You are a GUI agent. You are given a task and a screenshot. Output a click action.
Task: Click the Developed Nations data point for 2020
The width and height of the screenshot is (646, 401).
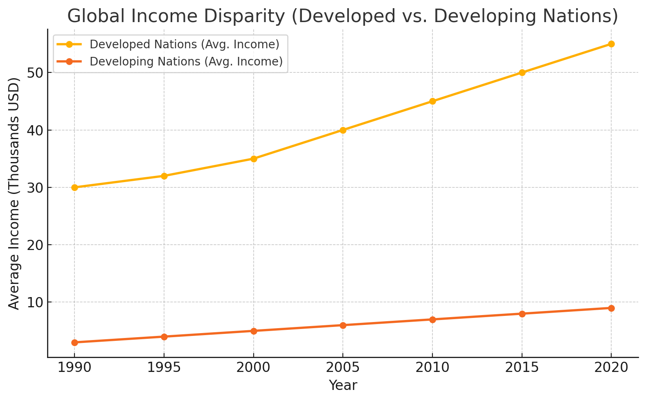(611, 44)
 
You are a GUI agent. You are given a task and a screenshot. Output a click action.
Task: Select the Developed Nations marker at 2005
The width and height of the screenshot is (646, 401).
(343, 130)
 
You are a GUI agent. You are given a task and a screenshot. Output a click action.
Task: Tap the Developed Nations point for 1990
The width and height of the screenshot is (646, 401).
(74, 187)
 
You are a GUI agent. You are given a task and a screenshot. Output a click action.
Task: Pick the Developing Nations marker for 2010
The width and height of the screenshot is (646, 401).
(432, 320)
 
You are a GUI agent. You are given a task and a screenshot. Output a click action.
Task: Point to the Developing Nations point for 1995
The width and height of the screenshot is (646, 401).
(164, 337)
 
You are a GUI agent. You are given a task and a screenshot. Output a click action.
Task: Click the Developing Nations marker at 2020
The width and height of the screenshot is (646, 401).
(611, 308)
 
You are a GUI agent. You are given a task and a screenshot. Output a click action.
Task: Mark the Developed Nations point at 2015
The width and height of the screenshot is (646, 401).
(522, 73)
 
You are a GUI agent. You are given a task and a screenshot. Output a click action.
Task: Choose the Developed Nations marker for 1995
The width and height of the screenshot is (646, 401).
(164, 176)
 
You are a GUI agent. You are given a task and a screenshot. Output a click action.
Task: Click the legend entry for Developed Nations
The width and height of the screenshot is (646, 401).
(184, 44)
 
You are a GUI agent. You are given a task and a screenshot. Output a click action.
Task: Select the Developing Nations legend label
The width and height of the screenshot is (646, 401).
(186, 61)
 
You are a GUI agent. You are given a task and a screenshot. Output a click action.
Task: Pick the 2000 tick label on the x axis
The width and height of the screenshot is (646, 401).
(253, 367)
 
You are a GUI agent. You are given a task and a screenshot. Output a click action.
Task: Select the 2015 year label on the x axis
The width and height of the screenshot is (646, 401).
(522, 367)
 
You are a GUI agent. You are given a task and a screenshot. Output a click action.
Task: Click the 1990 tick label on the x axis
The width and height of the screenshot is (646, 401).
(74, 367)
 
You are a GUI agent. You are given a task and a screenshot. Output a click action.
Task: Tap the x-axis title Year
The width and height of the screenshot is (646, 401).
(343, 385)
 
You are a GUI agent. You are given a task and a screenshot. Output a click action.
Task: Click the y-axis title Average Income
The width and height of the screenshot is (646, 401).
(14, 193)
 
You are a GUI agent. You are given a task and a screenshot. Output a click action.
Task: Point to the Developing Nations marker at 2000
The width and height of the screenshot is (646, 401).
(253, 331)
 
